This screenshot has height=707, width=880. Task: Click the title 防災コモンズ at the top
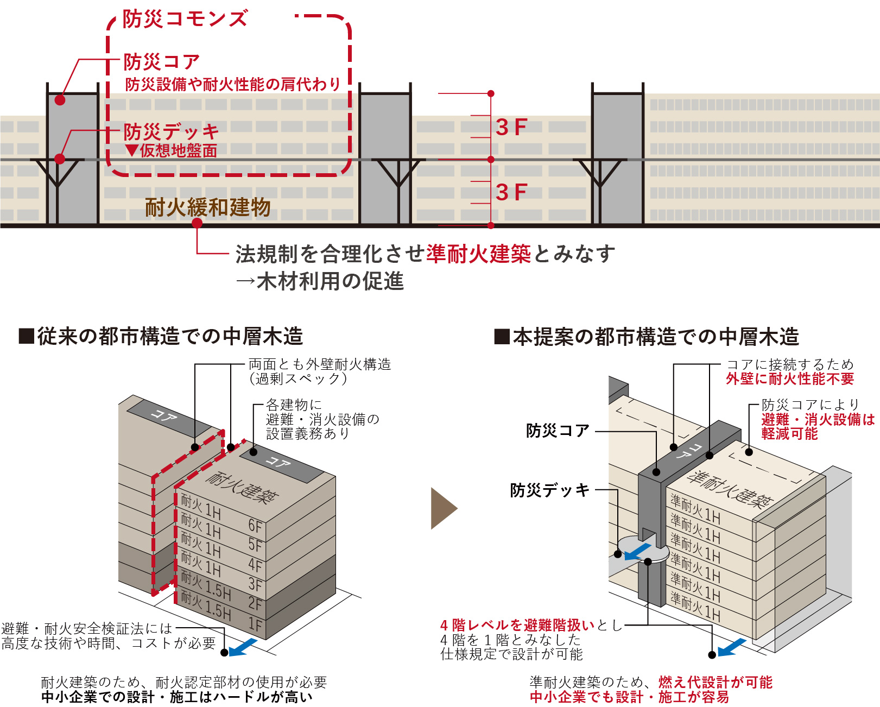(x=185, y=19)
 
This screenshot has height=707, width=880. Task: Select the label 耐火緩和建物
(x=207, y=207)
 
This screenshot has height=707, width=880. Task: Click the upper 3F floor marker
(x=511, y=128)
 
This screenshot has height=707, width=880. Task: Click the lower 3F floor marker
(x=511, y=192)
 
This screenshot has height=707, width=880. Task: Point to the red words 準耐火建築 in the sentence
(x=478, y=254)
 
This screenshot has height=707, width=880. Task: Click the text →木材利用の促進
(x=320, y=281)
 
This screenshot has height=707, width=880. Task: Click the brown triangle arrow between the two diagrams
(x=443, y=508)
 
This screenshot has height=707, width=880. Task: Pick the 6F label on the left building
(x=255, y=525)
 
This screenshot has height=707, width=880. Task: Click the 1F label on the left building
(x=255, y=624)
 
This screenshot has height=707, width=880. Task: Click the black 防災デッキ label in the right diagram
(x=549, y=490)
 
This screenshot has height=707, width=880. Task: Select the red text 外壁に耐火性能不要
(x=790, y=379)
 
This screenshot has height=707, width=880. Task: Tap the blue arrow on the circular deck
(x=637, y=552)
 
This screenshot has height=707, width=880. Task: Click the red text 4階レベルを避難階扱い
(x=517, y=625)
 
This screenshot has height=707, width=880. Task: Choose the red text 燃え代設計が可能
(x=715, y=682)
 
